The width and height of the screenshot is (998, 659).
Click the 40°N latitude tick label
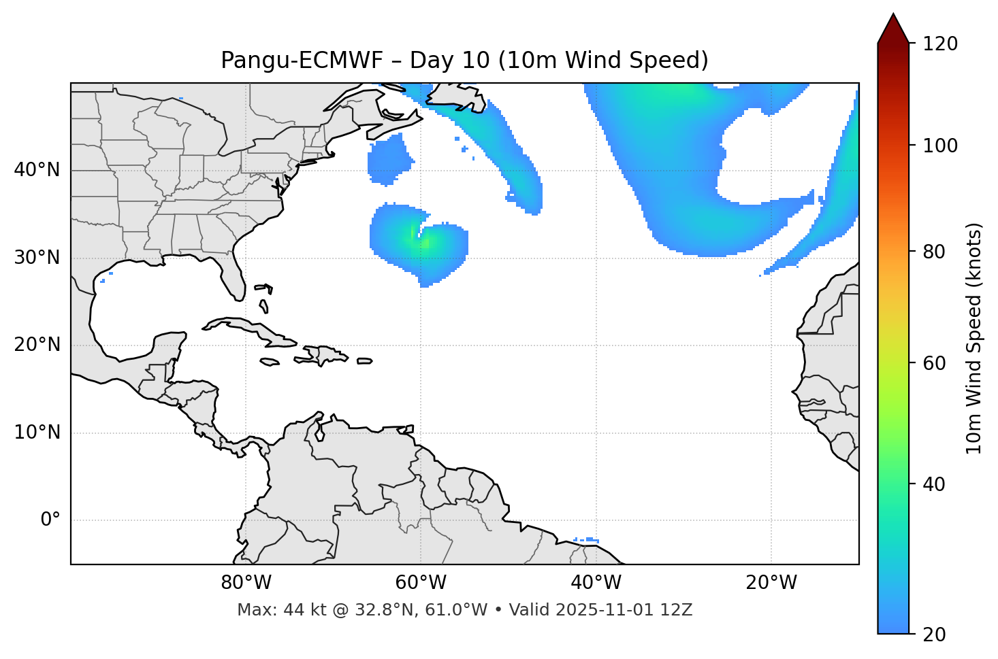(37, 170)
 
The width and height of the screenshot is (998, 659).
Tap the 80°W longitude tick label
(246, 583)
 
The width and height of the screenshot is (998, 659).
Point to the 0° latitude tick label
(50, 520)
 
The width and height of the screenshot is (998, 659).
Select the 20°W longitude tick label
(771, 583)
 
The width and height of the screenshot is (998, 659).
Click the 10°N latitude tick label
(37, 433)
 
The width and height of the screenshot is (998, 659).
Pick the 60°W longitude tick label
(421, 583)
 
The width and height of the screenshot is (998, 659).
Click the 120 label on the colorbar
(940, 44)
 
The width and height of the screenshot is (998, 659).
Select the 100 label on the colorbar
(940, 146)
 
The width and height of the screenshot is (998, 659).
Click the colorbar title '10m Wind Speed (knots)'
(974, 339)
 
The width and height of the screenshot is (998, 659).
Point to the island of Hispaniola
(325, 355)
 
